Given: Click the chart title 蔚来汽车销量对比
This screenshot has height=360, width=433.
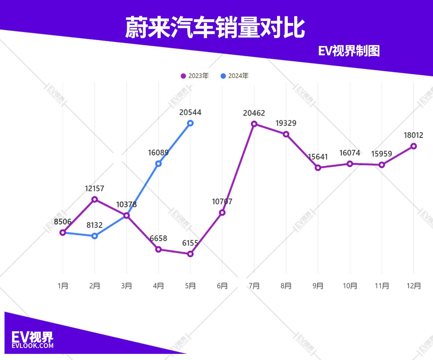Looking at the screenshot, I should (x=215, y=28).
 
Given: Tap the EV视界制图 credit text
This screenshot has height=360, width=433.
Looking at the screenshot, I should (x=349, y=51).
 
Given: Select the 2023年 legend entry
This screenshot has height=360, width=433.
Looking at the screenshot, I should (x=195, y=76).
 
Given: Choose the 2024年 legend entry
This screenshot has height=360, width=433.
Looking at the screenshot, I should (x=235, y=76).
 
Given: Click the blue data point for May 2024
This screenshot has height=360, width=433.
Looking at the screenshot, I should (x=190, y=123).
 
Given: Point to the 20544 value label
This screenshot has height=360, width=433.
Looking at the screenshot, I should (x=190, y=113).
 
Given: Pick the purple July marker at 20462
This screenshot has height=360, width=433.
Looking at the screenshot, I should (x=254, y=124).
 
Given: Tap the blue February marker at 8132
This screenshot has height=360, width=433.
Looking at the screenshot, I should (x=94, y=236).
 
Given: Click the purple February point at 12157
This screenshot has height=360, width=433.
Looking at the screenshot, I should (x=94, y=199).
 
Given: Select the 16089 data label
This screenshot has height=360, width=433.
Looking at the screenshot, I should (x=158, y=153).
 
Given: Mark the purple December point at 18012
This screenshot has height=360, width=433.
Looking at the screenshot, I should (x=414, y=146).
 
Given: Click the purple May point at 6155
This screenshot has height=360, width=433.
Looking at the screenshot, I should (x=190, y=254).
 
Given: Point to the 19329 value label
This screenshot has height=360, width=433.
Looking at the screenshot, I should (x=286, y=123).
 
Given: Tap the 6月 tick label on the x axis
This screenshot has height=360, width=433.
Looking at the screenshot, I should (x=222, y=286).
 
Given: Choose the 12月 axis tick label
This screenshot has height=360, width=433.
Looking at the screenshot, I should (x=414, y=286).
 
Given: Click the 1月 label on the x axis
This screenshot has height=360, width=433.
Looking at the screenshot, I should (x=63, y=286).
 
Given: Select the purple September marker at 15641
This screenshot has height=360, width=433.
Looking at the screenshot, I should (x=318, y=168).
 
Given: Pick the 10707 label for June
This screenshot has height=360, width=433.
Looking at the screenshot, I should (x=222, y=202).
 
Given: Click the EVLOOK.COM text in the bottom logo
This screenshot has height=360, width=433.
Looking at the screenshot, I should (x=33, y=346).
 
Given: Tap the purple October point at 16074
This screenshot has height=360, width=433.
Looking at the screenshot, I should (x=350, y=164).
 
